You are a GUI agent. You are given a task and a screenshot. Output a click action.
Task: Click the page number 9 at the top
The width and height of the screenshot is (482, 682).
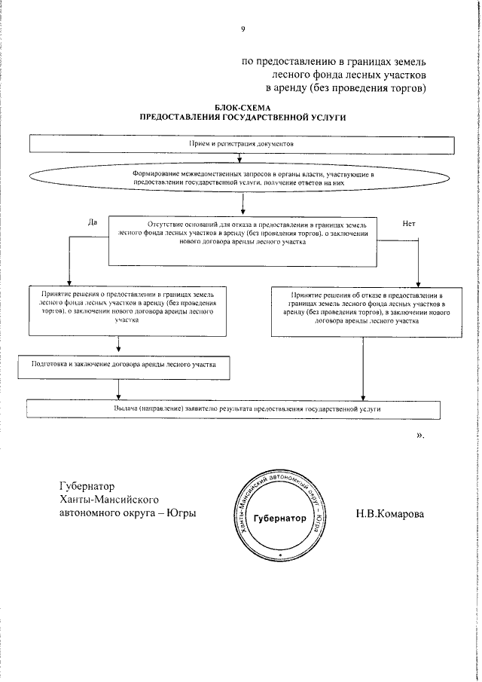click(x=243, y=29)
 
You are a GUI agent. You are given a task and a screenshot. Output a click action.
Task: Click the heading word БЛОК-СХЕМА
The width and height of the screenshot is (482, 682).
click(x=242, y=109)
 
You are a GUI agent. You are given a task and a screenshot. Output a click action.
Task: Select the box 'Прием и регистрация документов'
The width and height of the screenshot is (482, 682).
click(x=241, y=142)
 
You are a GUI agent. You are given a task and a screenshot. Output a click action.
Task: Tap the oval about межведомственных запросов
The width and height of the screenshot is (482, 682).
click(x=242, y=179)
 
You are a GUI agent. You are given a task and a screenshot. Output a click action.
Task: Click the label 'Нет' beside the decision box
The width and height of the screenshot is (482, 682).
click(x=410, y=223)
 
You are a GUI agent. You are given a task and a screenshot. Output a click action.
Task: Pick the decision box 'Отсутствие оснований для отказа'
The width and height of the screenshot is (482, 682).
click(x=242, y=240)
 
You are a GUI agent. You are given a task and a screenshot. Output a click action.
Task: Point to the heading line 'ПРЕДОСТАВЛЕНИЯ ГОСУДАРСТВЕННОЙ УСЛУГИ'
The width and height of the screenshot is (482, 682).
click(x=242, y=118)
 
